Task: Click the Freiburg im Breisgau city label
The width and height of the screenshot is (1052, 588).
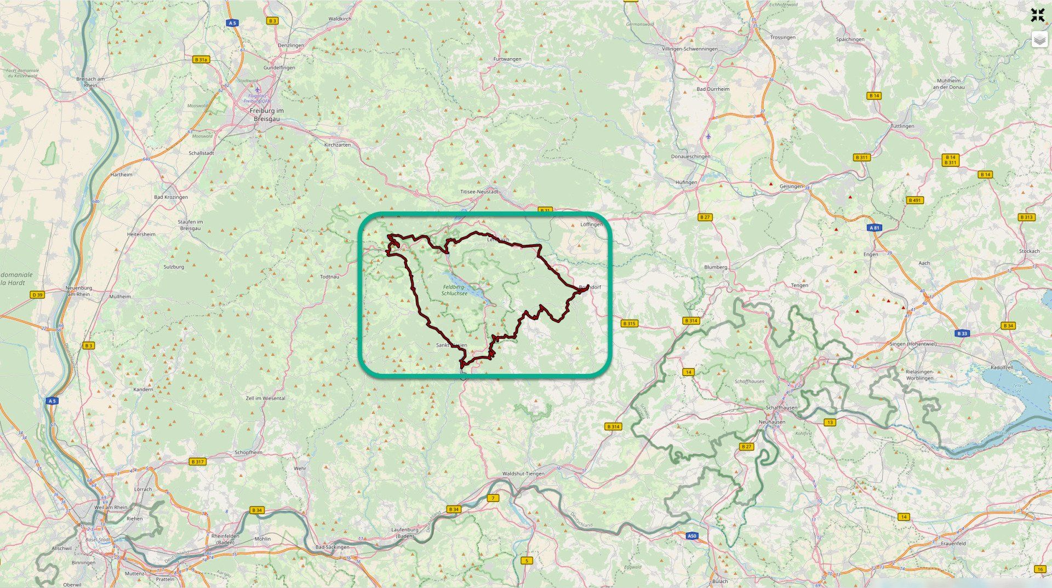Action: coord(267,114)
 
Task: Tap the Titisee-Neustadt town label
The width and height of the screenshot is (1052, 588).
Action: coord(479,192)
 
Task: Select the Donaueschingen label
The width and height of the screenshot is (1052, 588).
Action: coord(690,157)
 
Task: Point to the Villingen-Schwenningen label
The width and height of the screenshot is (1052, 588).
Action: coord(689,49)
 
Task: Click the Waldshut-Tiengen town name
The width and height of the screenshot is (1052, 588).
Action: coord(523,474)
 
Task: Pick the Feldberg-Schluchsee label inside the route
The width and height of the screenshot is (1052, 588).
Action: coord(454,290)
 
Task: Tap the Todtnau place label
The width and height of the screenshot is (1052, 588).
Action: coord(329,277)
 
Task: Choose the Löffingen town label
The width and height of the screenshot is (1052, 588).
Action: coord(591,224)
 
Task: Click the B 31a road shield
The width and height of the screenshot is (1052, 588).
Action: coord(201,60)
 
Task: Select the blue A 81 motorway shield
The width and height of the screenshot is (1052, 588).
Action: coord(874,228)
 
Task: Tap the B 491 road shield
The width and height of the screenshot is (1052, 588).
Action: coord(914,200)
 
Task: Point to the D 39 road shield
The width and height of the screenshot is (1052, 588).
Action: coord(37,295)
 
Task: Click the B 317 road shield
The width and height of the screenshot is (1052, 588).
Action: coord(197,462)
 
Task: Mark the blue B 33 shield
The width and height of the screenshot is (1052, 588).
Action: coord(962,333)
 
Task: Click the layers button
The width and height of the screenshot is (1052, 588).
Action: coord(1039,39)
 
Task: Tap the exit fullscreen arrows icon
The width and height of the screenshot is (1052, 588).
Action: coord(1037,15)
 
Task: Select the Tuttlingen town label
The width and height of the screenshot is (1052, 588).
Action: coord(902,126)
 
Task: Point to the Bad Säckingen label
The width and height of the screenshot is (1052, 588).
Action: coord(332,547)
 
